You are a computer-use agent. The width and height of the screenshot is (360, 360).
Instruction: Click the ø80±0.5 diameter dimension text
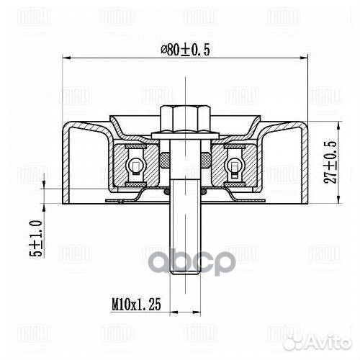(185, 50)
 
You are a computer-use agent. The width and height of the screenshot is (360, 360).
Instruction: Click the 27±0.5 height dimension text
(330, 162)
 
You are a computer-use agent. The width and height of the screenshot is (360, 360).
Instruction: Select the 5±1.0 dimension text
(36, 238)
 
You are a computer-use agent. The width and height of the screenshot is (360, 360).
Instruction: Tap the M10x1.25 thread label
(136, 304)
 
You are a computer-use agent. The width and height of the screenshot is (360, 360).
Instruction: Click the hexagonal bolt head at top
(185, 119)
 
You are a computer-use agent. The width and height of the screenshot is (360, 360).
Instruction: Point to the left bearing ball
(136, 165)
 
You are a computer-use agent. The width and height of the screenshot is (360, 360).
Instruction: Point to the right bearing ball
(235, 165)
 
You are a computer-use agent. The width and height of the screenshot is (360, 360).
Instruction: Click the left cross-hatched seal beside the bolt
(165, 160)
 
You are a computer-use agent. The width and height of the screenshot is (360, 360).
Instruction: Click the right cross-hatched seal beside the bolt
(206, 160)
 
